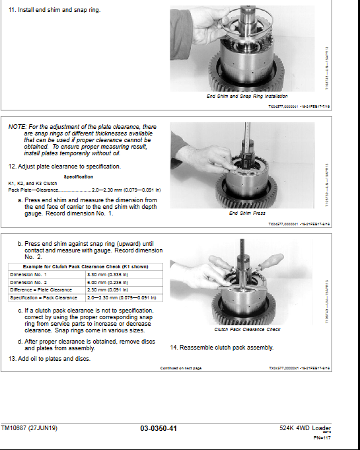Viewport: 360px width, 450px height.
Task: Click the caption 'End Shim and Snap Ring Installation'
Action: click(248, 96)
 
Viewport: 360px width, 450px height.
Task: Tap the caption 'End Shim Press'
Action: click(248, 213)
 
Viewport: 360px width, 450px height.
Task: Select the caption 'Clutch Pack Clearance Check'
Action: click(247, 329)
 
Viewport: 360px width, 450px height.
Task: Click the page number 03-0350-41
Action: click(159, 429)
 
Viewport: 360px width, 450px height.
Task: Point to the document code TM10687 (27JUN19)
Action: click(30, 428)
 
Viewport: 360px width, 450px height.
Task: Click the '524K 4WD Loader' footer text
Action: click(305, 428)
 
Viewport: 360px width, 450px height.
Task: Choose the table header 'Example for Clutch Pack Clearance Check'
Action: click(85, 266)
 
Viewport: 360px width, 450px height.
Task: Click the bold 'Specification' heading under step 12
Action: click(79, 177)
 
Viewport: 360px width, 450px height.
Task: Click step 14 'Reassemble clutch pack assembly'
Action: click(222, 348)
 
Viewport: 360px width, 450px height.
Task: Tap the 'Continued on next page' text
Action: click(181, 368)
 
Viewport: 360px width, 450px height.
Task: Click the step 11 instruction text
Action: click(54, 11)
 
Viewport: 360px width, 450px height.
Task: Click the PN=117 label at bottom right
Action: click(321, 438)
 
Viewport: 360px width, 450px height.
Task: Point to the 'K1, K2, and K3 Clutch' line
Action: click(32, 183)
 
